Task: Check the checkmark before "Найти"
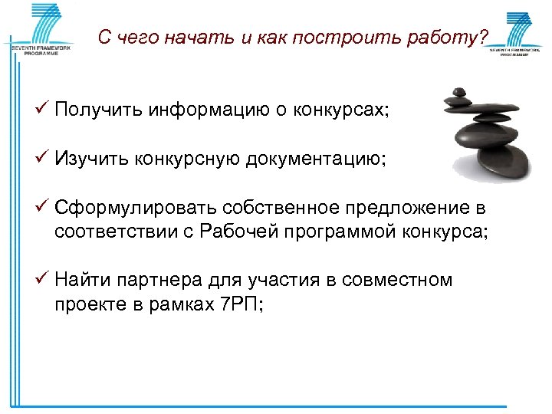(44, 280)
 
